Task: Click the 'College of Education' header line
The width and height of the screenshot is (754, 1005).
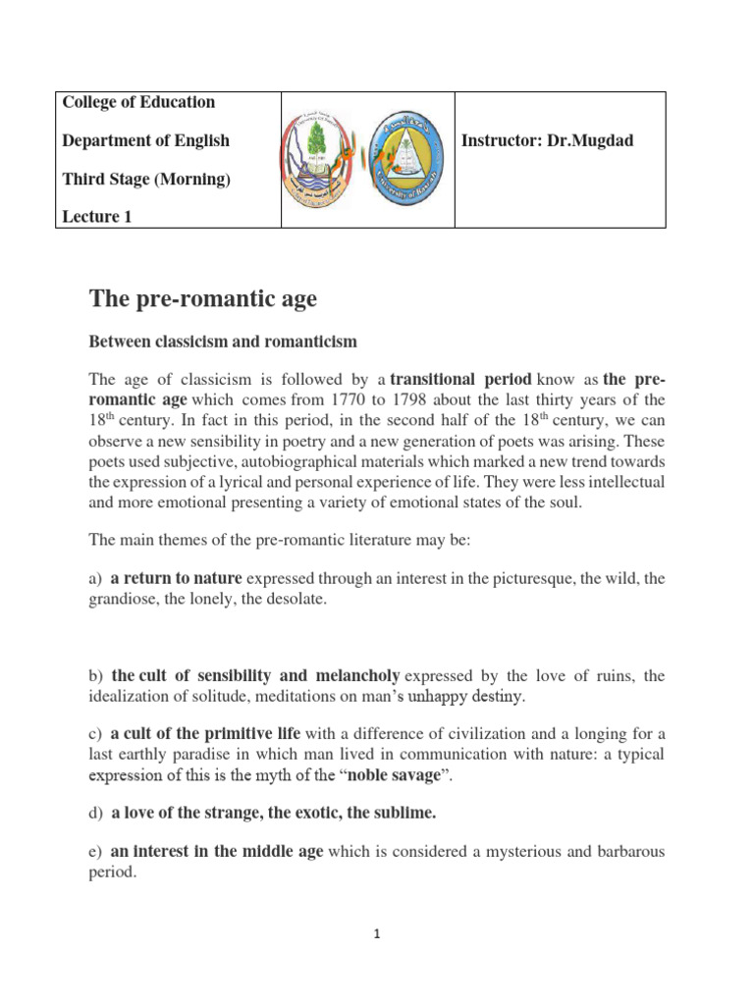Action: [x=138, y=102]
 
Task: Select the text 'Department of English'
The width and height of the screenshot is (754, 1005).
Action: [x=145, y=140]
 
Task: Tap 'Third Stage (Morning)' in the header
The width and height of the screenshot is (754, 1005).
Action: [x=145, y=179]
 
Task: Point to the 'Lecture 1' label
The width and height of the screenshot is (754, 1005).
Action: [x=96, y=218]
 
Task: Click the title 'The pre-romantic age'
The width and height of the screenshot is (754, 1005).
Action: [x=203, y=298]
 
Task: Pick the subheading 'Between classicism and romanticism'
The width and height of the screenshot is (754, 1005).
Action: [x=223, y=342]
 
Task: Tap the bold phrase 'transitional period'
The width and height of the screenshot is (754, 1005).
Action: [x=460, y=379]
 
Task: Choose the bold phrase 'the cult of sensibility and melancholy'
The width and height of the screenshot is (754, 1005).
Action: [x=255, y=675]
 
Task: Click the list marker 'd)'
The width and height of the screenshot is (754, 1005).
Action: [x=96, y=813]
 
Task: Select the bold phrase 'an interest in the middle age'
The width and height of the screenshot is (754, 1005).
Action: [x=216, y=852]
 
